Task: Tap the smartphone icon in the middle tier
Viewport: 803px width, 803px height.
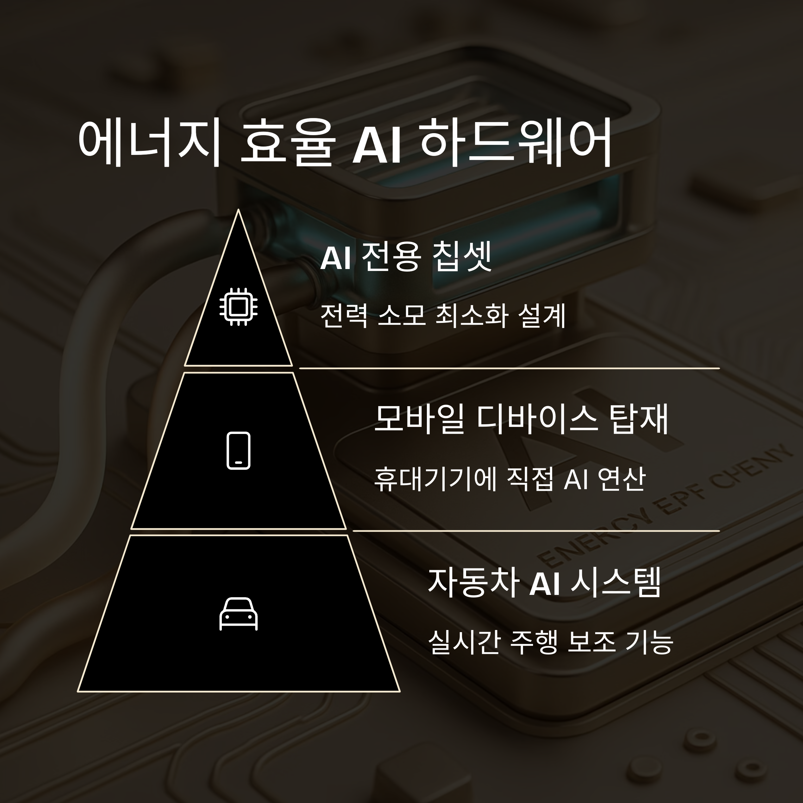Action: (238, 451)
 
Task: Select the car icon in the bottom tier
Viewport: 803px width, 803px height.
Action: (238, 614)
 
